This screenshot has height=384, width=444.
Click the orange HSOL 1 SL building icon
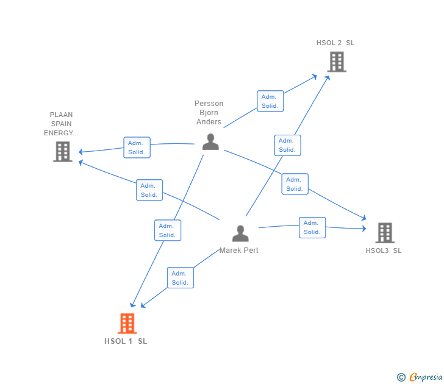pyautogui.click(x=127, y=323)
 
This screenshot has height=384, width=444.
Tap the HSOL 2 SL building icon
pyautogui.click(x=337, y=62)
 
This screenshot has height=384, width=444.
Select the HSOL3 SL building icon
pyautogui.click(x=385, y=233)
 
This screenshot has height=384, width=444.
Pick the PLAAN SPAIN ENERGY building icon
pyautogui.click(x=63, y=152)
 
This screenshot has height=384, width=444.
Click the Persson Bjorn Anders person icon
pyautogui.click(x=210, y=141)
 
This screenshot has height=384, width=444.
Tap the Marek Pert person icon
pyautogui.click(x=240, y=233)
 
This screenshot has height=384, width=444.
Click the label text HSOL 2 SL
pyautogui.click(x=335, y=43)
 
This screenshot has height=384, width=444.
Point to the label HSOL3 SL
pyautogui.click(x=384, y=251)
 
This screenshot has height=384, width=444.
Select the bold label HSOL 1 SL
pyautogui.click(x=126, y=341)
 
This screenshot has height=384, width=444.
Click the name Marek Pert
pyautogui.click(x=238, y=250)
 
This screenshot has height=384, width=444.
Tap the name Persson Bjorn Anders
pyautogui.click(x=209, y=112)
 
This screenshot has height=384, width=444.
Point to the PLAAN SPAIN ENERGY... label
pyautogui.click(x=61, y=124)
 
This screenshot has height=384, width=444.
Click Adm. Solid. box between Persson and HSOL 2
pyautogui.click(x=270, y=101)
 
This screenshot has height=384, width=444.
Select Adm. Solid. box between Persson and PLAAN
pyautogui.click(x=137, y=148)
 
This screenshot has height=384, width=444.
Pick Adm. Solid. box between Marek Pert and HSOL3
pyautogui.click(x=312, y=227)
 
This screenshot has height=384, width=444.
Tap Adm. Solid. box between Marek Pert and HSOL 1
pyautogui.click(x=181, y=277)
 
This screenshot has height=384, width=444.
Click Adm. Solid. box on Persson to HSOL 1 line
pyautogui.click(x=168, y=230)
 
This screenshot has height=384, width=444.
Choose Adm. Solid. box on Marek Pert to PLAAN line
pyautogui.click(x=149, y=190)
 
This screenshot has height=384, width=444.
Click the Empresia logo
pyautogui.click(x=426, y=377)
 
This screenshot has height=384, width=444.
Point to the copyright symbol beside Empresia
pyautogui.click(x=401, y=377)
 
